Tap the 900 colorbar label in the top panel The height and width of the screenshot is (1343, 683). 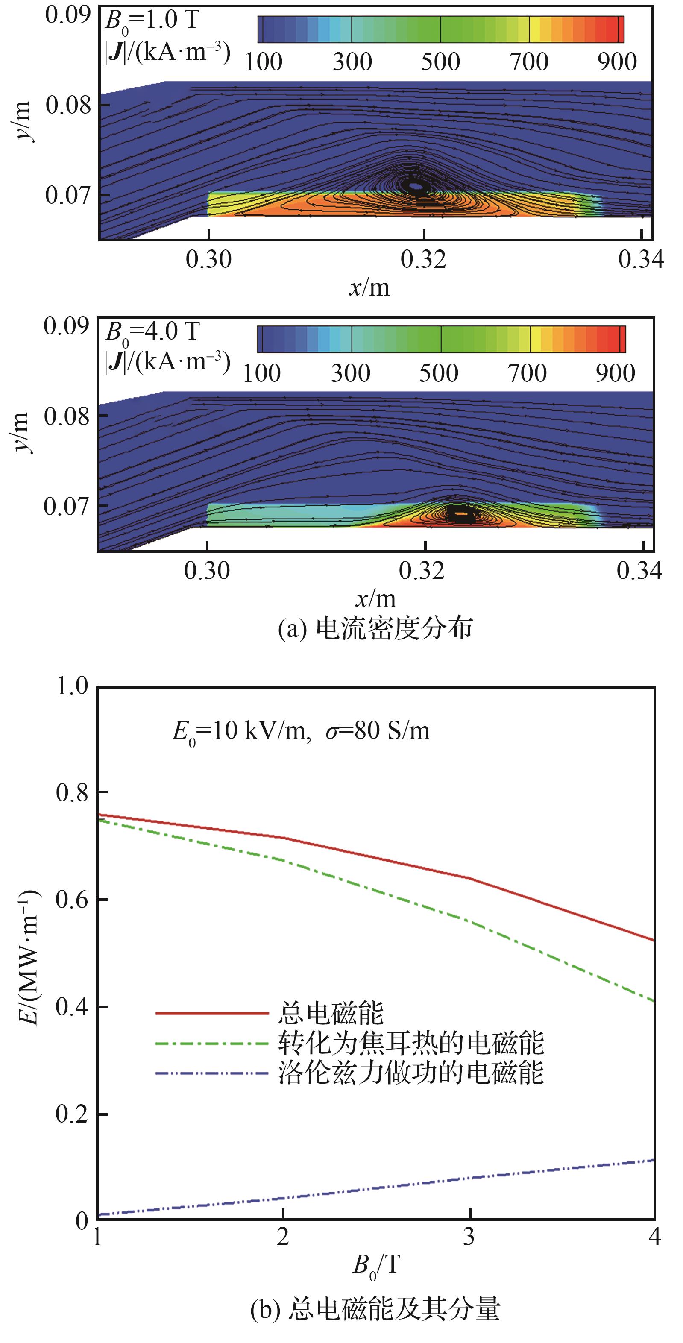click(617, 62)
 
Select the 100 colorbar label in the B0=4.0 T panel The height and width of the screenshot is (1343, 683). click(262, 373)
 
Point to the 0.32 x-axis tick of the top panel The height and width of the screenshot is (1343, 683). click(423, 259)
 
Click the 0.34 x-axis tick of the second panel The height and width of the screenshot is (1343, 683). click(639, 571)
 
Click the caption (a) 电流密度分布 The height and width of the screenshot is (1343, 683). click(375, 629)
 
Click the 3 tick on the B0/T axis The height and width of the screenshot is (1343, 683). click(469, 1236)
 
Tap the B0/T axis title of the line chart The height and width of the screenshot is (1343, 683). click(375, 1265)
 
